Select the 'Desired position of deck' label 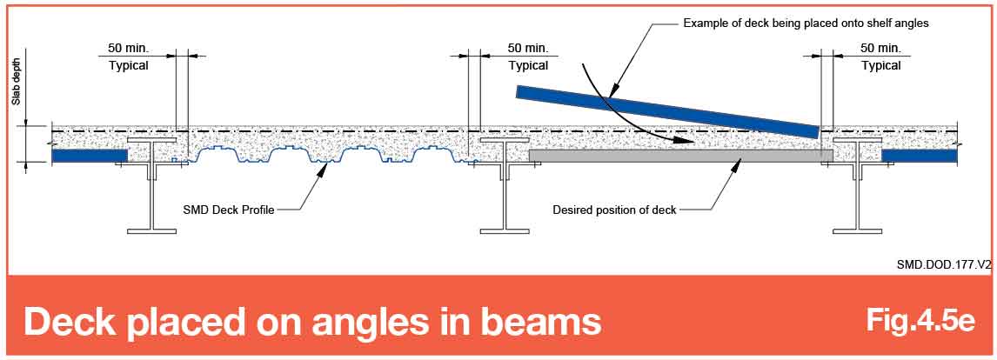point(614,210)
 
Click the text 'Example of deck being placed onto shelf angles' point(797,23)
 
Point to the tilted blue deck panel point(667,111)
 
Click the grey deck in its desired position point(680,155)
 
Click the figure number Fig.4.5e point(920,320)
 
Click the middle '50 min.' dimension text point(528,48)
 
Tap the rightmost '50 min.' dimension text point(880,48)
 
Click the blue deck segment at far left point(90,155)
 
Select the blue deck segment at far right point(920,155)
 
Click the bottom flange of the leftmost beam point(152,230)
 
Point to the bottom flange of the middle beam point(505,230)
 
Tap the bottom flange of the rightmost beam point(858,230)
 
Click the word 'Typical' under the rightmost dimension point(880,65)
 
